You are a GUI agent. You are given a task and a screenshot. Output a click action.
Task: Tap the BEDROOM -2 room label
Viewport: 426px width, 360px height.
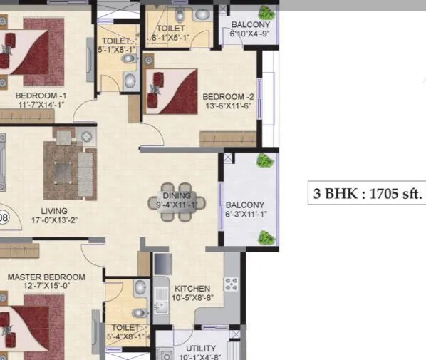(228, 96)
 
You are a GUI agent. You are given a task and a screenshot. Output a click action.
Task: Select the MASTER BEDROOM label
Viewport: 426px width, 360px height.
(46, 277)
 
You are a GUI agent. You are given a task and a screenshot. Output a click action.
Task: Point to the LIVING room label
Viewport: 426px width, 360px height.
(54, 210)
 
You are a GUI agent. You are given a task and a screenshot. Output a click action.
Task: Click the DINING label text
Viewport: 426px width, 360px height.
(177, 195)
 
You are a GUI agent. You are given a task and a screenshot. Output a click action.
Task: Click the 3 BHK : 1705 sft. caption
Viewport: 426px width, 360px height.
(366, 193)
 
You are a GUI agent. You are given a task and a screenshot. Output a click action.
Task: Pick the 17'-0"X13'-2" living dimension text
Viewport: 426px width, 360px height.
(54, 220)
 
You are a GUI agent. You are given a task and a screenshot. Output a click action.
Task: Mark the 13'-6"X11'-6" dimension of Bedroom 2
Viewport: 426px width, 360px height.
(228, 106)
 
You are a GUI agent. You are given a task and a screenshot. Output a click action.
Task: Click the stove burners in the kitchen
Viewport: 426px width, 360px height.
(232, 284)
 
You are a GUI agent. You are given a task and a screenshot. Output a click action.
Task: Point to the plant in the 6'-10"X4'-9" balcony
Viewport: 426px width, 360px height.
(267, 13)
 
